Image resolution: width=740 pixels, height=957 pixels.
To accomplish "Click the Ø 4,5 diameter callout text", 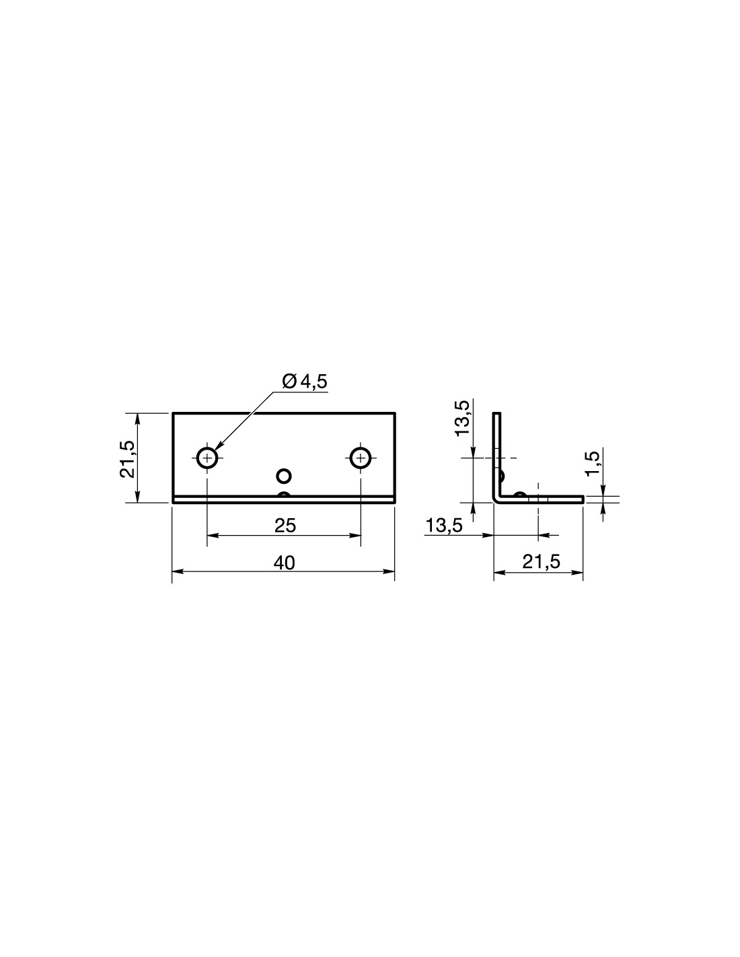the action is pos(305,382).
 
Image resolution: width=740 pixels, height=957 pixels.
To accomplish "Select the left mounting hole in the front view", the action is pos(207,458).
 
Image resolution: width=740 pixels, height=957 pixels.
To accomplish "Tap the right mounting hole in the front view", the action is pos(361,458).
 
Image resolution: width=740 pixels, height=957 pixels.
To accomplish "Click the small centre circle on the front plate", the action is pos(284,476).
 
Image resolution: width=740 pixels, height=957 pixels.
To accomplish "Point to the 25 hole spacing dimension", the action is pos(285,526).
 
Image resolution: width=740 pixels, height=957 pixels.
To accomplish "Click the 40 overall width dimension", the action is pos(285,563).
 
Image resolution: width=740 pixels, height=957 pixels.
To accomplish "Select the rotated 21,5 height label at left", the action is pos(128,458).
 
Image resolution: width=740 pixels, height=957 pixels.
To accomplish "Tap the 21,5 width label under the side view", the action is pos(541,562).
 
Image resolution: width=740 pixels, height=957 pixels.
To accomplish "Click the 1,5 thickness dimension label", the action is pos(593,463).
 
